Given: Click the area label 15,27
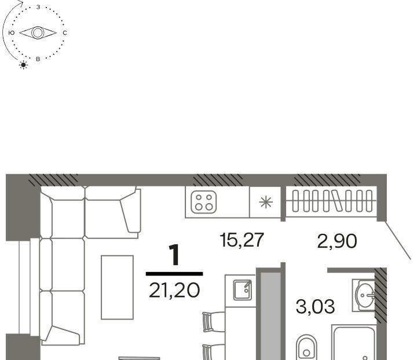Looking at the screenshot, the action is [242, 240].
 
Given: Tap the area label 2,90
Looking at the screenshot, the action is [337, 241].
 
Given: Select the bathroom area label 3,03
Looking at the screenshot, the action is [315, 306].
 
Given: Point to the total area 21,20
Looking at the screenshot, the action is [174, 290].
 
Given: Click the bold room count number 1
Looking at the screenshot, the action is [175, 255].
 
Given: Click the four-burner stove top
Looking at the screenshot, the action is [204, 202].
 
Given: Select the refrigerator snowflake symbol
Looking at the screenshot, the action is [266, 202].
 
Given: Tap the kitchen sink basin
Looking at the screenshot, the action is [242, 290].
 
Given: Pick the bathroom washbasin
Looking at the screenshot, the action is [364, 295].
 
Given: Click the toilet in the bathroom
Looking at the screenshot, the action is [306, 347].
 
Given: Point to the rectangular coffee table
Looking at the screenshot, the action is [117, 287].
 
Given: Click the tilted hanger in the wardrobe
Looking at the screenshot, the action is [337, 201].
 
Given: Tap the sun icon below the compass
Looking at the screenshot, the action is [23, 65].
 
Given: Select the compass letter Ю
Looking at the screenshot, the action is [12, 33].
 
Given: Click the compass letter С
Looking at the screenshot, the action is [65, 33].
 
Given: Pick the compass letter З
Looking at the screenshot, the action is [38, 7].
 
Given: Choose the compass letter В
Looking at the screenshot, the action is [38, 59].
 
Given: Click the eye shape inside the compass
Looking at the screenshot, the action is [38, 33].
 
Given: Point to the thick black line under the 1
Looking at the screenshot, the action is [174, 274].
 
